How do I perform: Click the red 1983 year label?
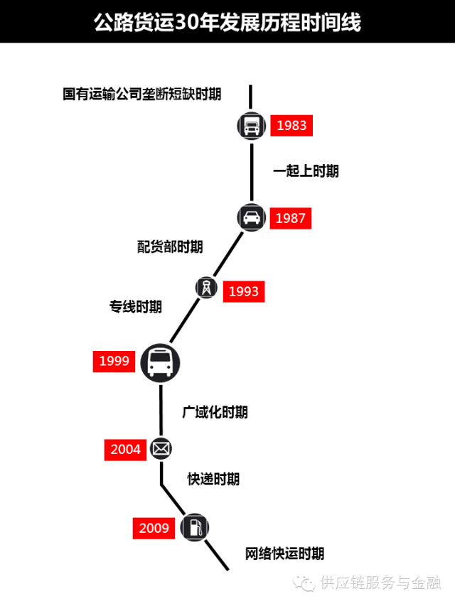(291, 126)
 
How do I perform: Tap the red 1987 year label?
(290, 218)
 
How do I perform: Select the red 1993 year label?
(244, 291)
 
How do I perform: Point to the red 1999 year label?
(114, 361)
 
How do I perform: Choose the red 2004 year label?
(126, 450)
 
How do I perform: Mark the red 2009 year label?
(154, 528)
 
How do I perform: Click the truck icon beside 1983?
(252, 126)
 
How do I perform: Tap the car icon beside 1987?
(252, 217)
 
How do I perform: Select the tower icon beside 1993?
(206, 288)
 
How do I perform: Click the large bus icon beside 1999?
(160, 362)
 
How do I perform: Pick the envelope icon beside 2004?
(161, 449)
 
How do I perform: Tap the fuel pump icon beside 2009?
(195, 528)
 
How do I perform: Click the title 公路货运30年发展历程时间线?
(227, 22)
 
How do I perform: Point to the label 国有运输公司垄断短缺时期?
(142, 94)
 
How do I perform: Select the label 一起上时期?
(306, 171)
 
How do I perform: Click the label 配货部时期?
(171, 247)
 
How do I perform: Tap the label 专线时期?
(136, 307)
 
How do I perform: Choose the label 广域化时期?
(215, 412)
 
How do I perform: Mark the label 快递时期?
(214, 479)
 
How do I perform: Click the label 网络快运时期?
(284, 553)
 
